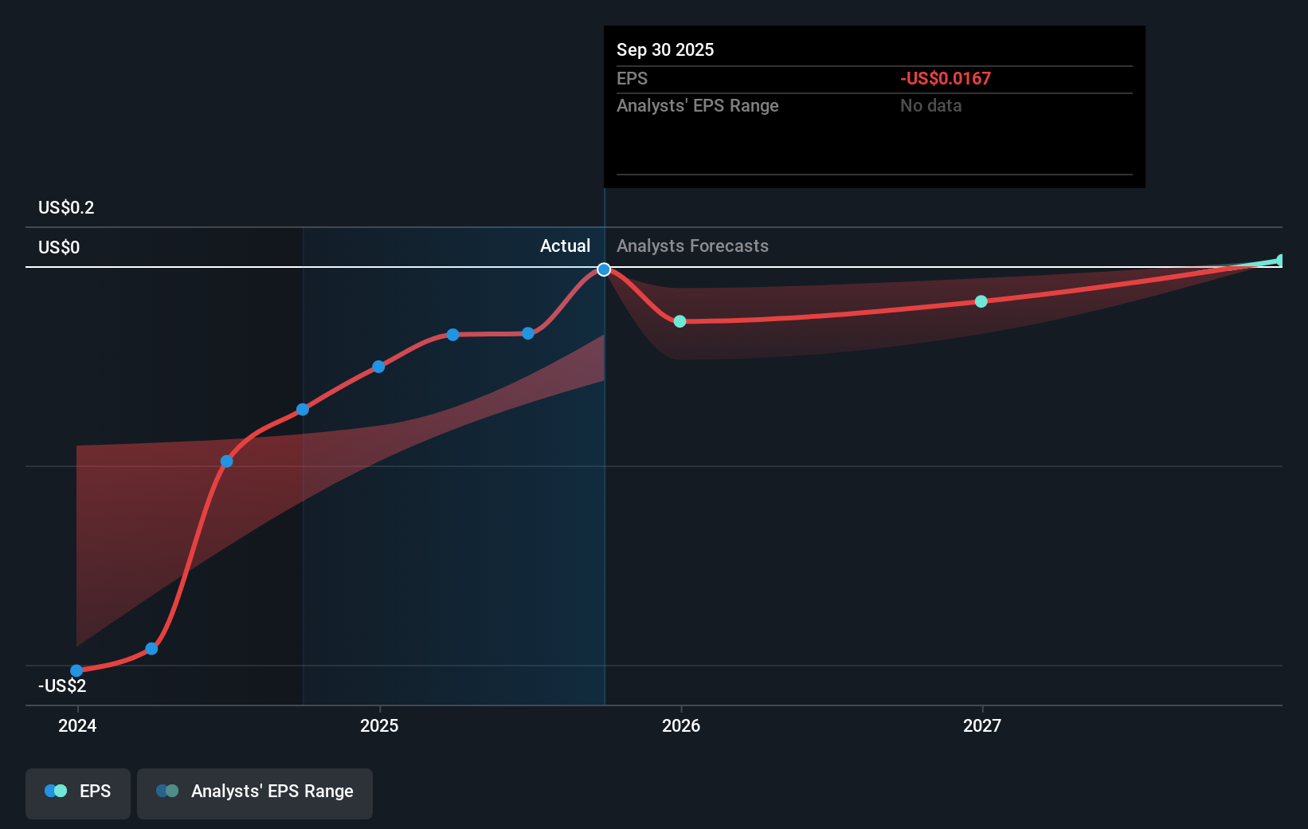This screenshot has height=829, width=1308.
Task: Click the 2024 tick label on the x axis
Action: (x=77, y=725)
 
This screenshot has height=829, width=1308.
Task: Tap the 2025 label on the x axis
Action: (x=379, y=725)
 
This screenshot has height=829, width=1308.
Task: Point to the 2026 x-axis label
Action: (x=681, y=725)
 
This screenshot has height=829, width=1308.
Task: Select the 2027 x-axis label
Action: (x=982, y=725)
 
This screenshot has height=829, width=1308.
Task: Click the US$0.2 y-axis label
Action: (x=66, y=208)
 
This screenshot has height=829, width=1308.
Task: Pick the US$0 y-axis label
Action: (x=59, y=248)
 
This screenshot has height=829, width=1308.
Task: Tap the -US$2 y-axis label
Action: (x=62, y=686)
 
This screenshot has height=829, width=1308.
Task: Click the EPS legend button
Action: (x=78, y=792)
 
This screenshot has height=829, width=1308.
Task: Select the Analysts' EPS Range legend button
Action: (x=255, y=792)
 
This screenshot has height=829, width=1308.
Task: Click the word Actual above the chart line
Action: (x=565, y=246)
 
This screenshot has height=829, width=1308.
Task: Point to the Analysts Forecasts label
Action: (x=692, y=246)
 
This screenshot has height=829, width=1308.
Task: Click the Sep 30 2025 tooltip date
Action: (x=665, y=50)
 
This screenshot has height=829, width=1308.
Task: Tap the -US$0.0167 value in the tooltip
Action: (x=946, y=79)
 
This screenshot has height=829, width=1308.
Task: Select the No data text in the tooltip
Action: (x=930, y=106)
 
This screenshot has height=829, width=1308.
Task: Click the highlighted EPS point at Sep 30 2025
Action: (x=604, y=269)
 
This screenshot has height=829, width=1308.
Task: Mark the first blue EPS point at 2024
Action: (x=76, y=670)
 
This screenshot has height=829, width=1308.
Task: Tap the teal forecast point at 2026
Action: (x=679, y=321)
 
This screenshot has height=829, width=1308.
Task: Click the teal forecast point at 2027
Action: (x=981, y=301)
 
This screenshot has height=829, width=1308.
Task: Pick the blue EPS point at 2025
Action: (x=378, y=367)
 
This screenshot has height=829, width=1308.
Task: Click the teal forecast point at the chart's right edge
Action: (x=1280, y=261)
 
